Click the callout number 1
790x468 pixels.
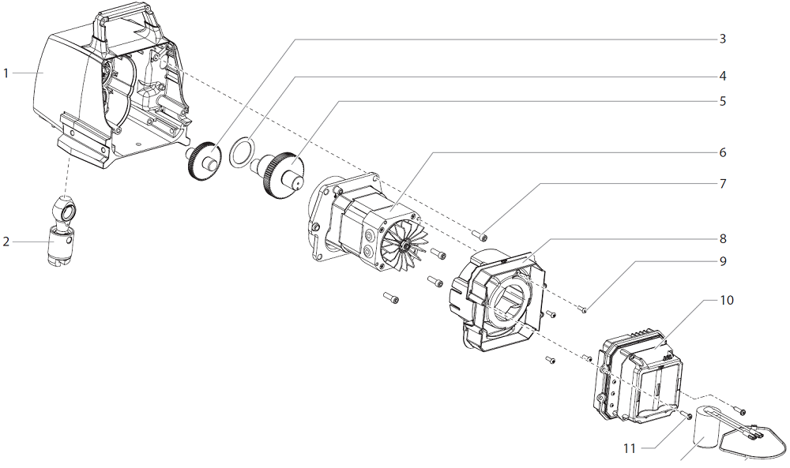pos(6,73)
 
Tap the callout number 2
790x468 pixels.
pos(6,241)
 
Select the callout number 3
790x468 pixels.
pos(722,38)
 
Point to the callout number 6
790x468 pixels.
pos(722,152)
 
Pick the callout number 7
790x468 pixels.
pos(722,183)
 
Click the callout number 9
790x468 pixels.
pos(722,260)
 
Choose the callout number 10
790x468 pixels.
pos(727,301)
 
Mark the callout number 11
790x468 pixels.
pos(630,449)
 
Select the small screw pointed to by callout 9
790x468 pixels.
pos(582,310)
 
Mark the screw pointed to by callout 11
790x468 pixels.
pos(688,415)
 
